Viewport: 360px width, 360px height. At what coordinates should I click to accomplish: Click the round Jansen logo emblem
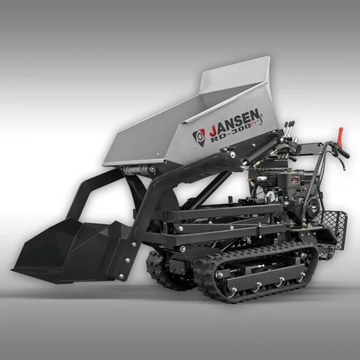[199, 135]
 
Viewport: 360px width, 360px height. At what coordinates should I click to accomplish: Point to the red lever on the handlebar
[340, 136]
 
